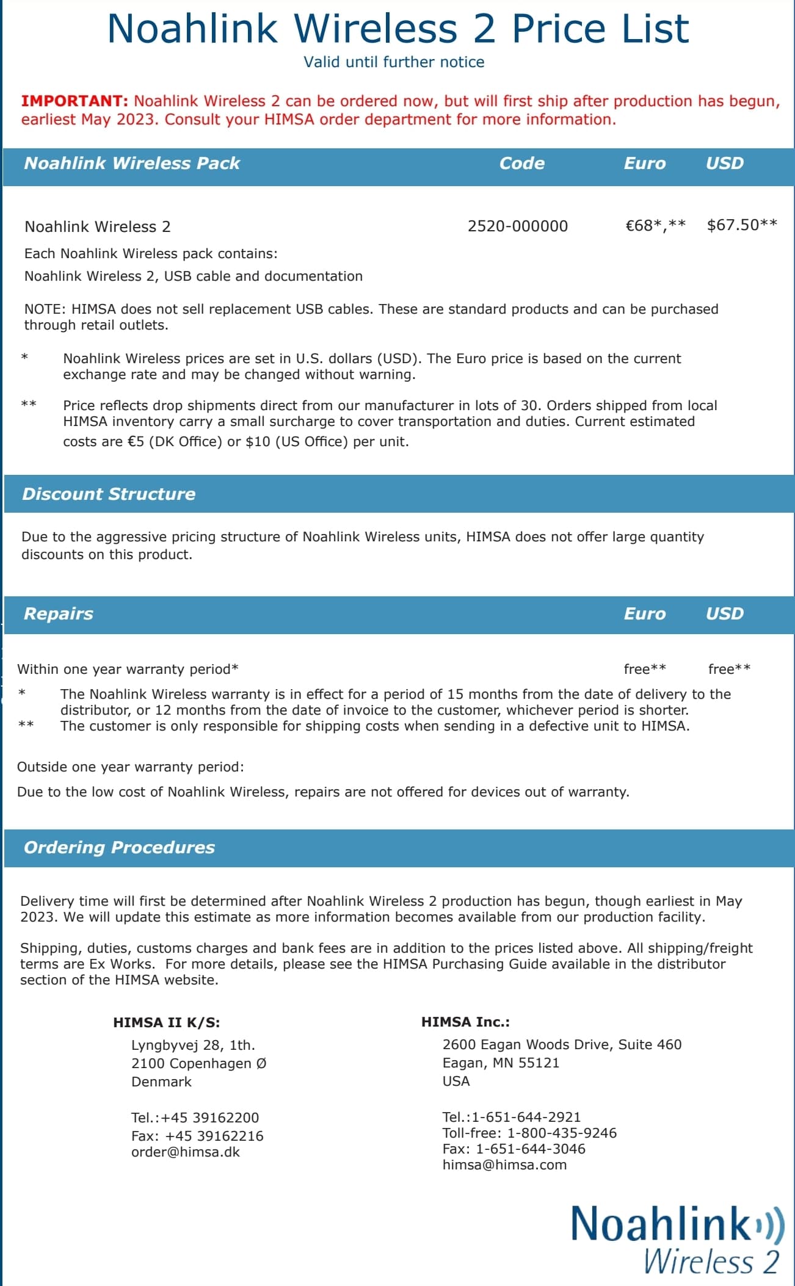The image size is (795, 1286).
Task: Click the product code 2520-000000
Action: tap(517, 226)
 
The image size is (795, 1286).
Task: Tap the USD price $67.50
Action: tap(733, 225)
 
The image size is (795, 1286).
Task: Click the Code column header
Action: tap(521, 163)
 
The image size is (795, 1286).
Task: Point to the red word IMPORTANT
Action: tap(74, 101)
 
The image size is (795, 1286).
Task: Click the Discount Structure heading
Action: tap(109, 494)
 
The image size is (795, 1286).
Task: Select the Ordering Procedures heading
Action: tap(119, 847)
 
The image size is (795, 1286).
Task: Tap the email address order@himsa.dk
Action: tap(186, 1152)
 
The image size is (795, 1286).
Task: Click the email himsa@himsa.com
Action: tap(504, 1165)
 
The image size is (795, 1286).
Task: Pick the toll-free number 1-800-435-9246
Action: tap(562, 1133)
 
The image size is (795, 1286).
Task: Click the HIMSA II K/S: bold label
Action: tap(166, 1022)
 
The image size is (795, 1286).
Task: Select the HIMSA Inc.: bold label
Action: tap(465, 1022)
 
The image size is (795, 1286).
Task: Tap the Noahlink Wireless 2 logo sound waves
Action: tap(771, 1225)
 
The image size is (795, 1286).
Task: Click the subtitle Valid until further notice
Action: tap(394, 62)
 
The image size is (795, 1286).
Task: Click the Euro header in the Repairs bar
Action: tap(644, 613)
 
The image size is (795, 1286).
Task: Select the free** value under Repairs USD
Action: tap(729, 669)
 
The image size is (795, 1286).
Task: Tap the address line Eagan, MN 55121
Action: tap(501, 1063)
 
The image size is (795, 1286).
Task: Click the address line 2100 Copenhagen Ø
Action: tap(198, 1063)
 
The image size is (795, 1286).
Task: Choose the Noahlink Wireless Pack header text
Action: tap(132, 163)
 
